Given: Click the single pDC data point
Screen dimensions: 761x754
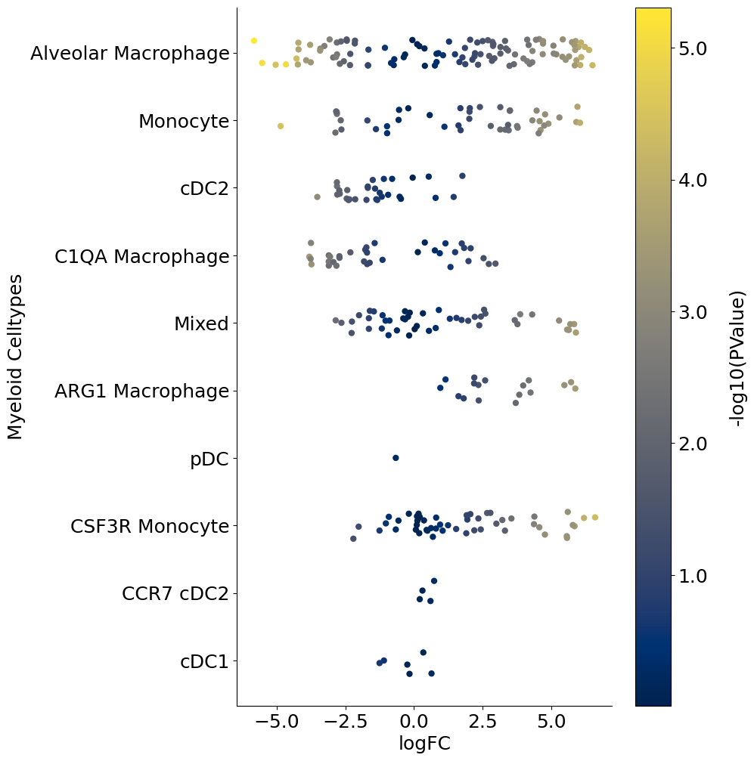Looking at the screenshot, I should pyautogui.click(x=396, y=458).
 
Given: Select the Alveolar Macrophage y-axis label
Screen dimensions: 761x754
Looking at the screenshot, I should pyautogui.click(x=130, y=54).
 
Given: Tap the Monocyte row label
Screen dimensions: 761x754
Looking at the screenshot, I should pyautogui.click(x=184, y=121).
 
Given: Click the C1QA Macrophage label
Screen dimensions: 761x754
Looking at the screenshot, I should pyautogui.click(x=142, y=257).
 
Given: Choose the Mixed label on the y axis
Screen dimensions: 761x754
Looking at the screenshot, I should pyautogui.click(x=201, y=324).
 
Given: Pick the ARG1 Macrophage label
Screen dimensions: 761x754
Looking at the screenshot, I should pyautogui.click(x=142, y=391).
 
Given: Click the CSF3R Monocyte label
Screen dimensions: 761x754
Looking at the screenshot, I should pyautogui.click(x=150, y=526).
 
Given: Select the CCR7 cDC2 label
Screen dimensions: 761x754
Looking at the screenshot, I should pyautogui.click(x=175, y=594).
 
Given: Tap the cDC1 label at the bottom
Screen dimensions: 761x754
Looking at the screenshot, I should pyautogui.click(x=204, y=661).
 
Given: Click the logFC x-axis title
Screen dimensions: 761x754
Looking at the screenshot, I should pyautogui.click(x=424, y=743).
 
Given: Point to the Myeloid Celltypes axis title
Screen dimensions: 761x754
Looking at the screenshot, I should pyautogui.click(x=15, y=357).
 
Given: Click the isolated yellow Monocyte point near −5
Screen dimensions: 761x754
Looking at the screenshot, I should pyautogui.click(x=281, y=126).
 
